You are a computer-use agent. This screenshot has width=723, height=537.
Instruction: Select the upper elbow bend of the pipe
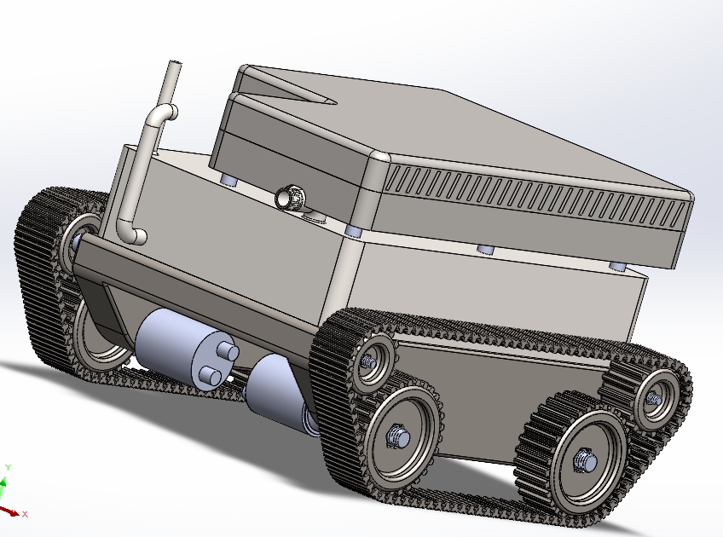(x=165, y=112)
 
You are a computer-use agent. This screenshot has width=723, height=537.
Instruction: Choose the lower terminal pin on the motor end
(x=211, y=376)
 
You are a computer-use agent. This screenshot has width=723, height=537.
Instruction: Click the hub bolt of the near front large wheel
(x=399, y=436)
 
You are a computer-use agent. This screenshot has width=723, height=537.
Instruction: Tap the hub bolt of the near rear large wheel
(x=586, y=460)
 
